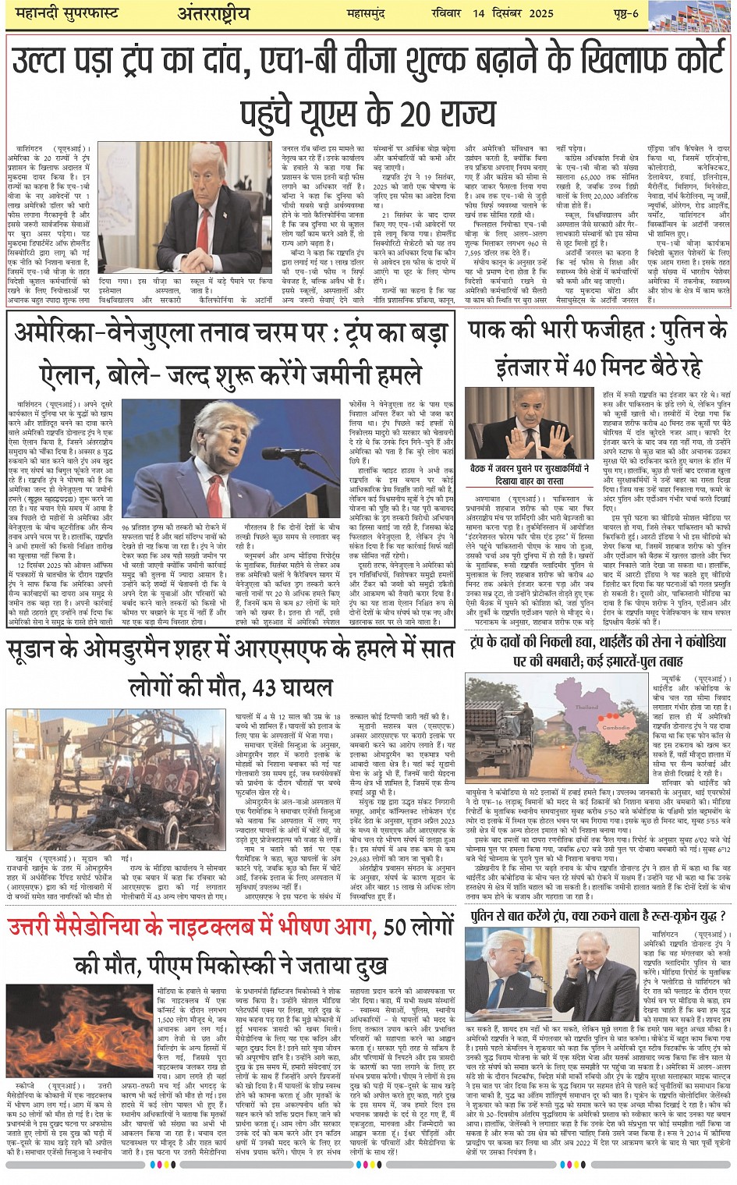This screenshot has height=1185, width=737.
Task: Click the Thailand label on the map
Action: coord(586,708)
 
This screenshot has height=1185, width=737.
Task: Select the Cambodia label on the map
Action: coord(616,728)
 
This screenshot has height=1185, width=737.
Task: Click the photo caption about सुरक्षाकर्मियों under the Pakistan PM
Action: coord(530,475)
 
